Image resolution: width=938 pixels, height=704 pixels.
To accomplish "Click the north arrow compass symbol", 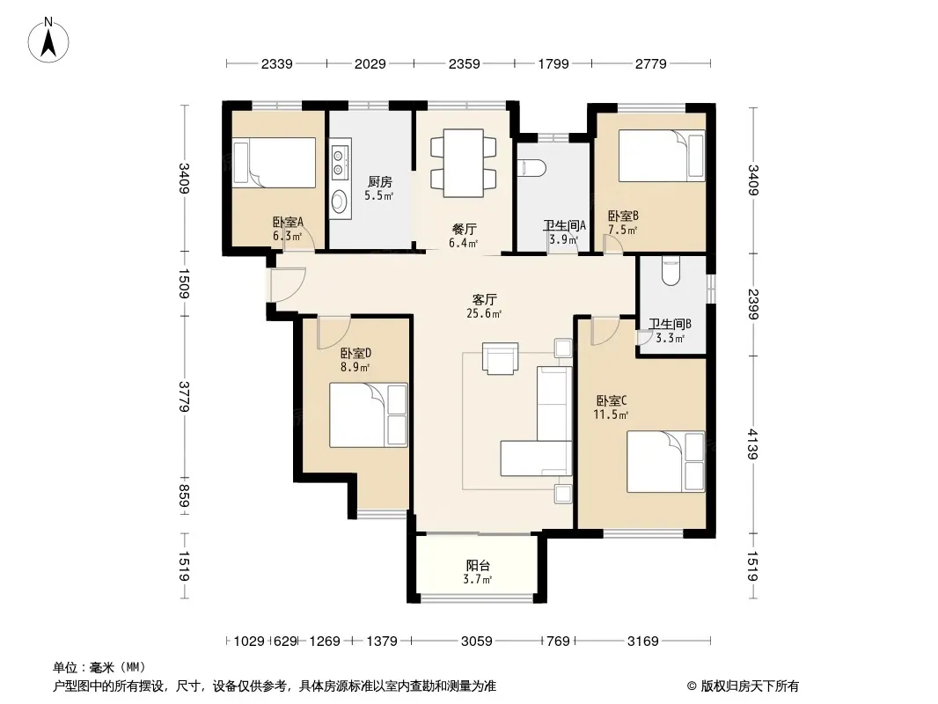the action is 48,40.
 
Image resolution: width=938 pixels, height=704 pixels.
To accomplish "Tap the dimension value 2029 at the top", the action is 370,63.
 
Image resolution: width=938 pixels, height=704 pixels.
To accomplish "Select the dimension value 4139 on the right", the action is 752,444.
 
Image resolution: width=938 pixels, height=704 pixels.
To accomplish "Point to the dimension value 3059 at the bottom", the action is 477,642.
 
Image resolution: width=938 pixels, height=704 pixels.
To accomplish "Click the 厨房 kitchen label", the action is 380,181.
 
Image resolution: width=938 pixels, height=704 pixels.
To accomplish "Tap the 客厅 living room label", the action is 484,299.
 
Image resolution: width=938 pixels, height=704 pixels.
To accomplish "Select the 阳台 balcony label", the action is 478,565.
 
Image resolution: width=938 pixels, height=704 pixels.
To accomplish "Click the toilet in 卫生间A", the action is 532,168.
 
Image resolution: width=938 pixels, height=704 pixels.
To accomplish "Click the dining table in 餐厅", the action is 464,163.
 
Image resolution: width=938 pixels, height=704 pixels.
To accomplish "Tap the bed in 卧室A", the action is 274,163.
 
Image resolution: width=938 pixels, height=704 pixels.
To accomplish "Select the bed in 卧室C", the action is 666,462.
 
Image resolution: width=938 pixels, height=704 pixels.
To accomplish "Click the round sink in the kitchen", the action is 340,201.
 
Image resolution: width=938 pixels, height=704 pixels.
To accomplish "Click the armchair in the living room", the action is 501,358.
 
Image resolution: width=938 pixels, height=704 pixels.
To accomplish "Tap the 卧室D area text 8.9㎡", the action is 355,367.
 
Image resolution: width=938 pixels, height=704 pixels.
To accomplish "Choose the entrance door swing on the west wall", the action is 288,285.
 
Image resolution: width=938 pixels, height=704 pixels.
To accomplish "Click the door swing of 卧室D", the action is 333,334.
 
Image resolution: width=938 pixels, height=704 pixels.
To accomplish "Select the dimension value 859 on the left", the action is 183,496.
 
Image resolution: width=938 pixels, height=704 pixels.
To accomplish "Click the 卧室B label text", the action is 623,216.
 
